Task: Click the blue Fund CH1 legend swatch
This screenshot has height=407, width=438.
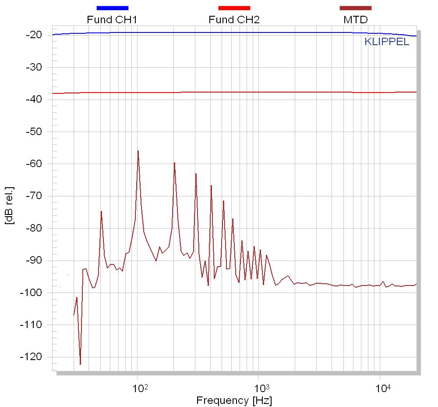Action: (112, 8)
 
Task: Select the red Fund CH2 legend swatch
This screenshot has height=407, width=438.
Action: (234, 8)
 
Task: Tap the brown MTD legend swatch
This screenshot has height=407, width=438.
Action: (355, 8)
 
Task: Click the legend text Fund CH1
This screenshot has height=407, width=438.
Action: (109, 20)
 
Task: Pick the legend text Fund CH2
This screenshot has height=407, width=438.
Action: (230, 20)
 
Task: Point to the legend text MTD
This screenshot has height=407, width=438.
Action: (355, 20)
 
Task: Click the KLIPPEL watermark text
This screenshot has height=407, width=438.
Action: (387, 43)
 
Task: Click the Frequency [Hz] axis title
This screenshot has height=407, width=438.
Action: (234, 400)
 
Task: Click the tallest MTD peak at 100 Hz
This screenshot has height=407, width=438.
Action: (138, 151)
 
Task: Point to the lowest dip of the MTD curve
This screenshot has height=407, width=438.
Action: (80, 364)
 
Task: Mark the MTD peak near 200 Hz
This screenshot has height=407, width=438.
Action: (174, 163)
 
